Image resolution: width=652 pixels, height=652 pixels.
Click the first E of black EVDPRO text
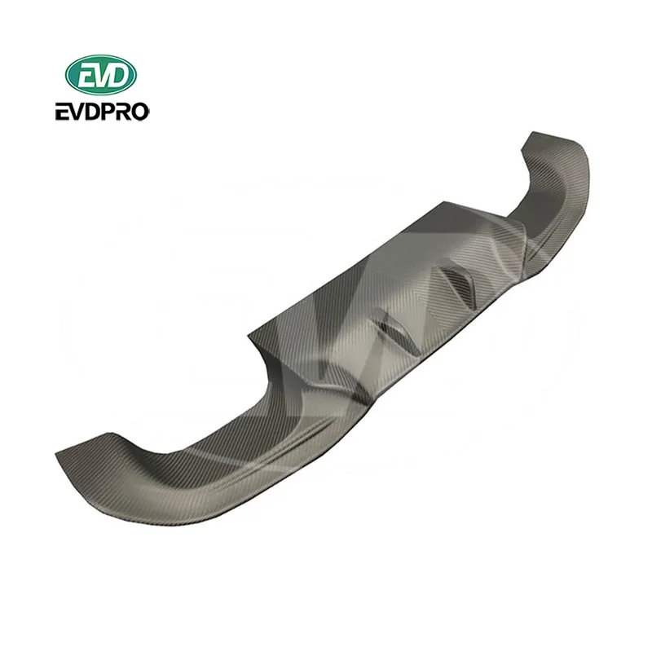click(71, 112)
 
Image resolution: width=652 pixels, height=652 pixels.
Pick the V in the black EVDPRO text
click(84, 112)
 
